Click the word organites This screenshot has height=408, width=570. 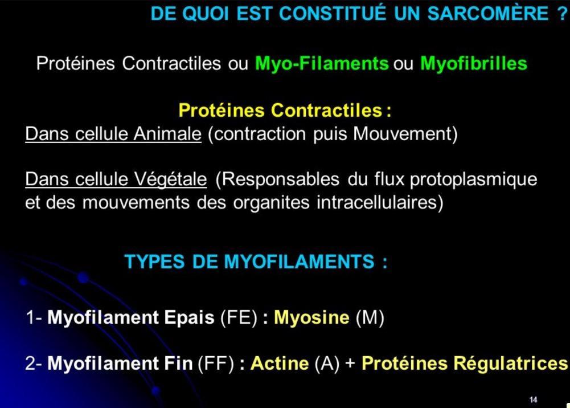coord(271,203)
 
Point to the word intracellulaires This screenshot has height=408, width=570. coord(380,203)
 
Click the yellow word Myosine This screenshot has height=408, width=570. coord(311,317)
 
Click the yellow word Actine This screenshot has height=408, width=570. coord(280,364)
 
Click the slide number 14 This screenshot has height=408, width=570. coord(533,399)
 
